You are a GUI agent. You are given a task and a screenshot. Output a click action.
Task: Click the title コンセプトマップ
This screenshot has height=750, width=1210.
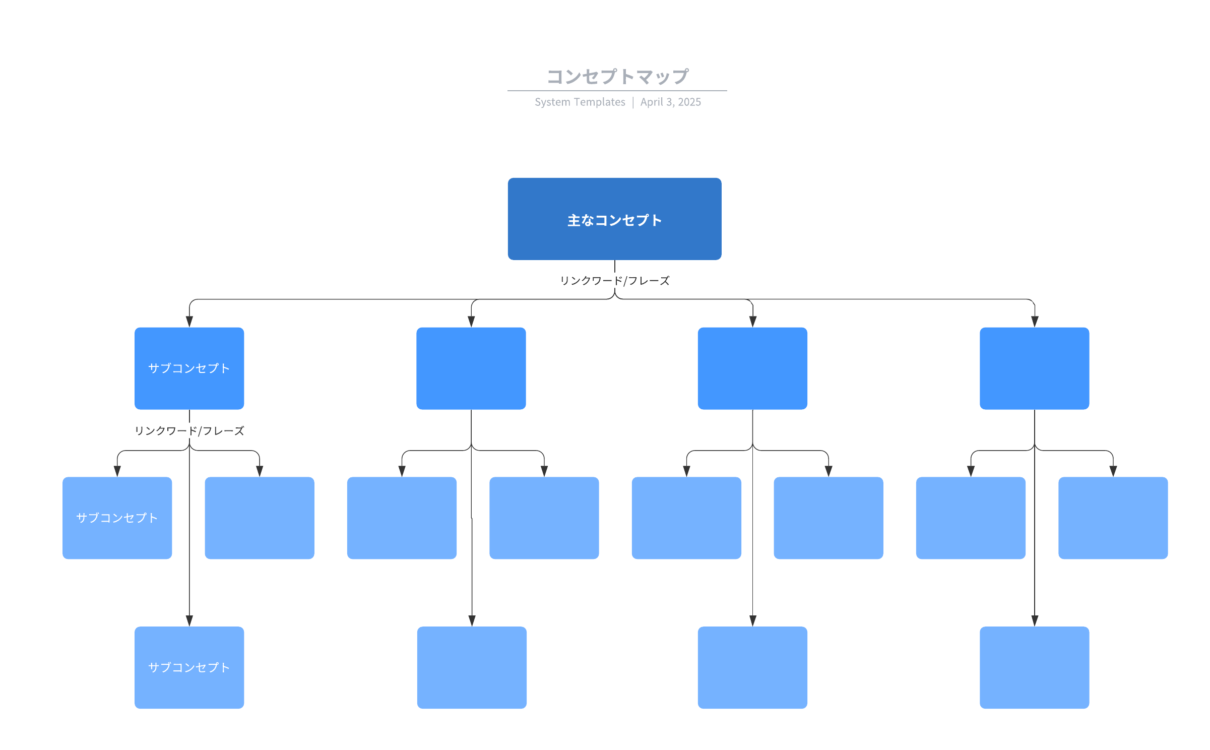click(617, 77)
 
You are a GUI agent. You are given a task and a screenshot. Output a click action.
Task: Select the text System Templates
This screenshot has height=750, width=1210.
click(580, 102)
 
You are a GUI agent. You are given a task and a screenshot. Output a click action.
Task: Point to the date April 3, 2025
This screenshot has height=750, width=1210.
click(670, 102)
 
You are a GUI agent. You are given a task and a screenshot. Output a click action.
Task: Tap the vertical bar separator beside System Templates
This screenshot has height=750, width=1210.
click(633, 102)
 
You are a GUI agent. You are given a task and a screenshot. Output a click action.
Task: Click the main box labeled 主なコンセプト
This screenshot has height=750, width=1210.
click(614, 219)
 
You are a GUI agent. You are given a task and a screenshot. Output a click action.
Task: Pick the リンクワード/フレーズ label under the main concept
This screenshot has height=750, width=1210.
click(615, 281)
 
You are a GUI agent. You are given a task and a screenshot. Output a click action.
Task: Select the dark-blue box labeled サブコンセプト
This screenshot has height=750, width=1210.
click(189, 368)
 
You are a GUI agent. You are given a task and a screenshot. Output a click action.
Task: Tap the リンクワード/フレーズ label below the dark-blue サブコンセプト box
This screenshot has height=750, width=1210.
click(189, 431)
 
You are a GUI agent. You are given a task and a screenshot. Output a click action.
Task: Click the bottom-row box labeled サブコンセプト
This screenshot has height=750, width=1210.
click(189, 667)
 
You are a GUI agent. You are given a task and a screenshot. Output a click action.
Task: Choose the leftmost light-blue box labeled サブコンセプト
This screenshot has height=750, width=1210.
click(117, 518)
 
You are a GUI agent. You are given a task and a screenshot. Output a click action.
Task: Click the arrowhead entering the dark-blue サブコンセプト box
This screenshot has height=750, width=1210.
click(189, 322)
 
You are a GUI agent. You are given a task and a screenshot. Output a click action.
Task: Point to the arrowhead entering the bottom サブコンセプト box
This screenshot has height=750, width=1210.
click(189, 620)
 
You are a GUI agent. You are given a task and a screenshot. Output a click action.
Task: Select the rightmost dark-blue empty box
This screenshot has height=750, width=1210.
click(1034, 368)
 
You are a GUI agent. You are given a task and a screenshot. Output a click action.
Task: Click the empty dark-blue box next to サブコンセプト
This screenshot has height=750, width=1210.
click(471, 368)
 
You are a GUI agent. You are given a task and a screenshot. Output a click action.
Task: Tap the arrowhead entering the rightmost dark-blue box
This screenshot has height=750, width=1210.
click(1035, 322)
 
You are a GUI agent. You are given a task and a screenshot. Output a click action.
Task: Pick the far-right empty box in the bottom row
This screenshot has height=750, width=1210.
click(1034, 667)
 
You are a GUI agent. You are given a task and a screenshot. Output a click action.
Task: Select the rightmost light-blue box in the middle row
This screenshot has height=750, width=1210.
click(1113, 518)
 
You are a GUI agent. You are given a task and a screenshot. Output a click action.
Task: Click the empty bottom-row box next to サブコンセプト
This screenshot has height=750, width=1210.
click(472, 667)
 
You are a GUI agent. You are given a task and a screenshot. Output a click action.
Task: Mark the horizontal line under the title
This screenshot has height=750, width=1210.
click(617, 91)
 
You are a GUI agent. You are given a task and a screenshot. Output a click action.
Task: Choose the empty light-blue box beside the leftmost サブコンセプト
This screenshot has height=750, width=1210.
click(260, 518)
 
